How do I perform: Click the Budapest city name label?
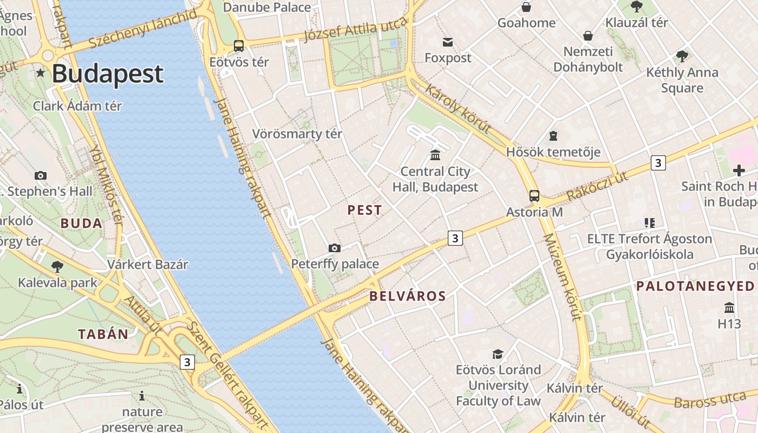(107, 74)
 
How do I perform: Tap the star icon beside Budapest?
(40, 73)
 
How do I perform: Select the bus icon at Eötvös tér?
(239, 46)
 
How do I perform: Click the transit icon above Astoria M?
(534, 196)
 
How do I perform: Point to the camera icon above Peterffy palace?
(335, 248)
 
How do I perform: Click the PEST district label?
(364, 211)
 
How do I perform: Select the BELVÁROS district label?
(408, 296)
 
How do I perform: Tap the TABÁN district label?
(103, 334)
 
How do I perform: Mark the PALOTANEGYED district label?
(695, 286)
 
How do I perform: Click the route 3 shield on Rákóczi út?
(658, 162)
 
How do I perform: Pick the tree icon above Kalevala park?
(57, 266)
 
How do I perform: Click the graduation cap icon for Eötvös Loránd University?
(498, 354)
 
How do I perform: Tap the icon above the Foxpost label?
(448, 42)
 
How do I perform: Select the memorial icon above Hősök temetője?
(553, 135)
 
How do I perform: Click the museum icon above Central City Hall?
(435, 155)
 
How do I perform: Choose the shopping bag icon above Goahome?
(526, 7)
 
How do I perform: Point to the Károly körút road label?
(458, 108)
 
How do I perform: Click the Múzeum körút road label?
(563, 277)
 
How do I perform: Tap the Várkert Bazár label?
(147, 265)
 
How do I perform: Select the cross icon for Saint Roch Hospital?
(739, 170)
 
